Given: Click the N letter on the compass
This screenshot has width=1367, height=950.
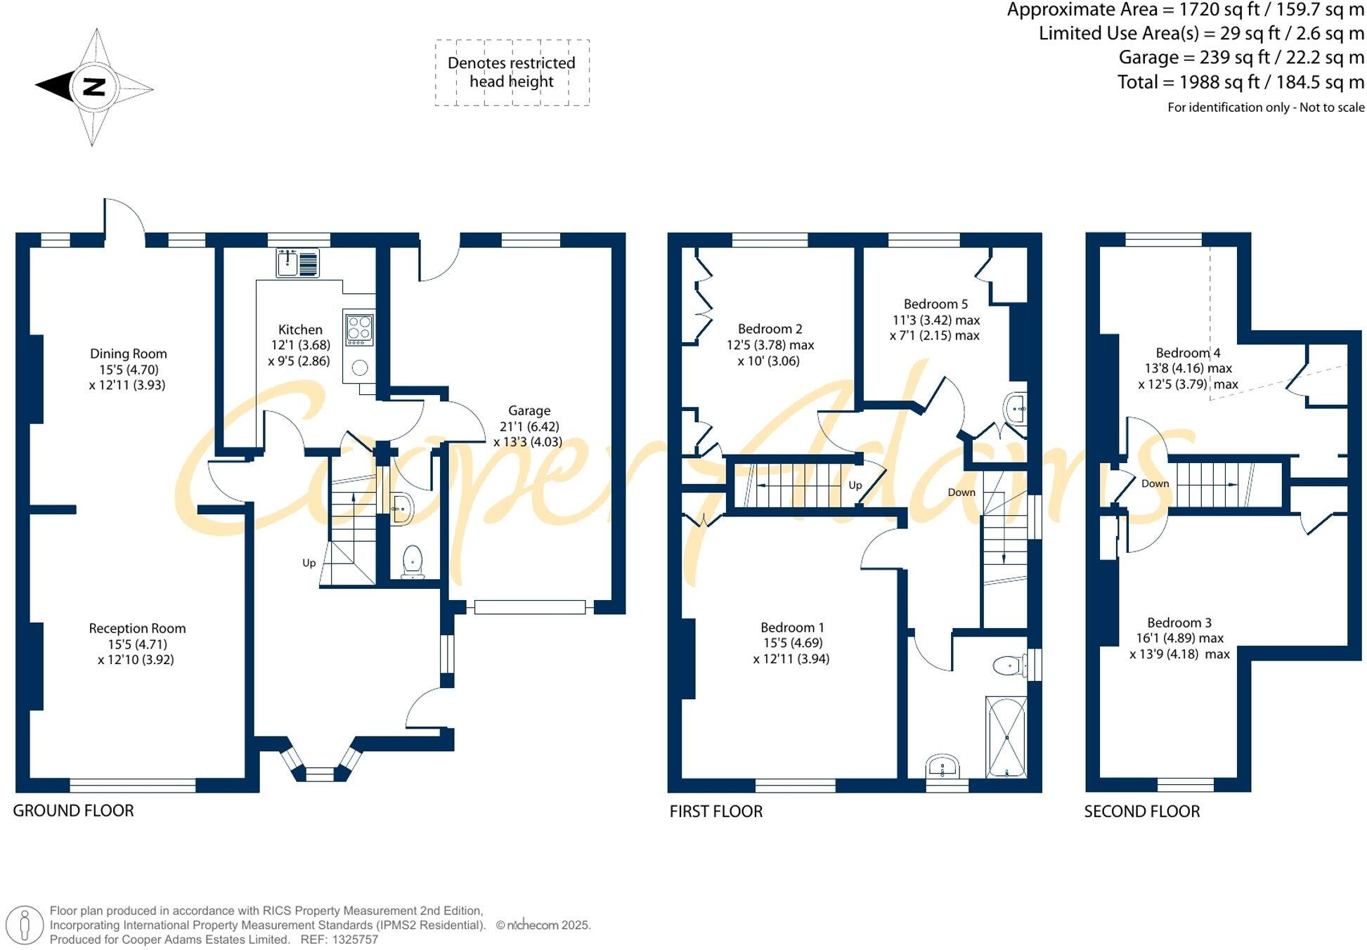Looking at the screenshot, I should [93, 87].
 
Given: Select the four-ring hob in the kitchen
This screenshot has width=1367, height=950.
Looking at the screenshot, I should [359, 328].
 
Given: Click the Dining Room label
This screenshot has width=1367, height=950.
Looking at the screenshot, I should [128, 353].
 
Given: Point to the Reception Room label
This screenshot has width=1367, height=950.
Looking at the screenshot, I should [137, 628].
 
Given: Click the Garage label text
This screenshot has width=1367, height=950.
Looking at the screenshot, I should [529, 410].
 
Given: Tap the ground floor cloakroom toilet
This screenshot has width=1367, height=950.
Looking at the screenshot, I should [412, 561].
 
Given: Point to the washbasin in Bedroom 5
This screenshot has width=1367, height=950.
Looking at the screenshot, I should [1016, 408].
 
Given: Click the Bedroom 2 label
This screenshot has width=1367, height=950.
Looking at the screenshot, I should [770, 328].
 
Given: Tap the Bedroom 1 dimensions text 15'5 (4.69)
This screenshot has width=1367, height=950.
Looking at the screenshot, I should [792, 642].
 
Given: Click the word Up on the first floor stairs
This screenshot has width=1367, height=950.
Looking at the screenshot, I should [855, 485].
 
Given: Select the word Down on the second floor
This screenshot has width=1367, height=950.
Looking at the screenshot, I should [1155, 483].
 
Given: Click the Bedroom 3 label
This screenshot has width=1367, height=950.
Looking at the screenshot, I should [1179, 623].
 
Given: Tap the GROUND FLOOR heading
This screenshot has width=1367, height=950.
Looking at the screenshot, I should [73, 810].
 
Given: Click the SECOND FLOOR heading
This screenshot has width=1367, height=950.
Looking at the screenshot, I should [1141, 811].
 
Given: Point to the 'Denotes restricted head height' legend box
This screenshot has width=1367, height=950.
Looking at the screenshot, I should [512, 72].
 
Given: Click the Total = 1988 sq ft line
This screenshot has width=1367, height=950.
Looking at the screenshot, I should [1240, 82].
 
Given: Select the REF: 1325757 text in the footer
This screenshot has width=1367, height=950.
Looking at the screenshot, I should [339, 939].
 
